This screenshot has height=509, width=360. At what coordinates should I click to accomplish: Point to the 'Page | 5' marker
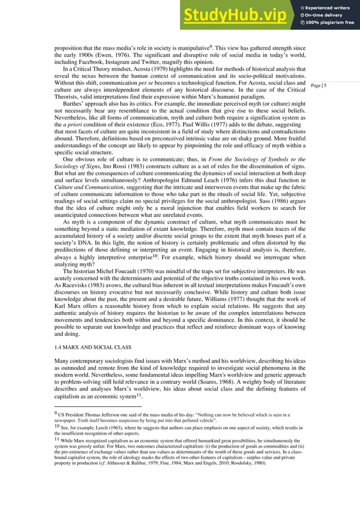click(319, 85)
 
